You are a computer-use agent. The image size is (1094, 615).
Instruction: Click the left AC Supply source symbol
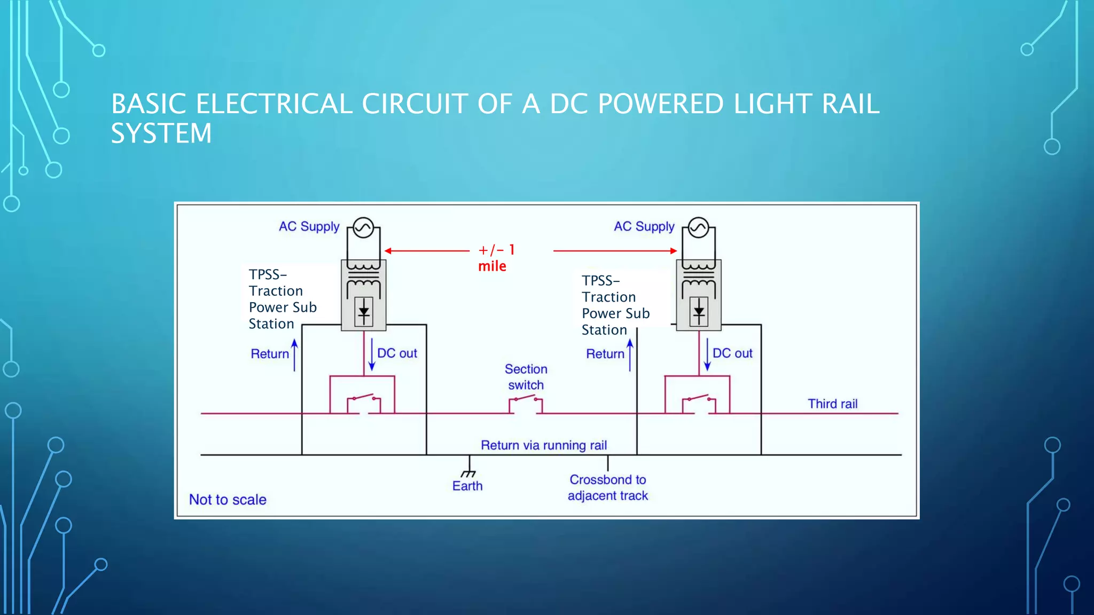tap(363, 228)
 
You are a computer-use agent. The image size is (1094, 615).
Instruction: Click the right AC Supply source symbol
tap(698, 228)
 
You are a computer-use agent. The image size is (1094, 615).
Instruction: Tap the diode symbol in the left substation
tap(364, 311)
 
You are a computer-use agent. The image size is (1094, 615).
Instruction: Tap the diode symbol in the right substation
tap(699, 311)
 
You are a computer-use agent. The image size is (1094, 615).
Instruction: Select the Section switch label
tap(526, 377)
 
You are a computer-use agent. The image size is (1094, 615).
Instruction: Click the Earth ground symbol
tap(468, 472)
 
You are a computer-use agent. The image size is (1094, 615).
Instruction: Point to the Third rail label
tap(832, 404)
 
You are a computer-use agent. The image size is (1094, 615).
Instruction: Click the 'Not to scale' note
tap(228, 500)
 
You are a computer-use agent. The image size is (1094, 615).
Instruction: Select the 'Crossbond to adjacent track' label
tap(607, 487)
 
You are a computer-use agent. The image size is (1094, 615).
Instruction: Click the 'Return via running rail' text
tap(543, 445)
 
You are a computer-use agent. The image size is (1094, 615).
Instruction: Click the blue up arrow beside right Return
tap(630, 354)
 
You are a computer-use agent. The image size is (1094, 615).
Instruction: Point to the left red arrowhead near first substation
tap(388, 250)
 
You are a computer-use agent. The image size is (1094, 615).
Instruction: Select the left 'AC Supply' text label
tap(309, 226)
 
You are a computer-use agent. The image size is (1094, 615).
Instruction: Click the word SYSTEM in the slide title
tap(161, 133)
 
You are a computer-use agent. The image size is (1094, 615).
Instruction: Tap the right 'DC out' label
tap(732, 353)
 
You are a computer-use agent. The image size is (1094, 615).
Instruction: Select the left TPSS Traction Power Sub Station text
tap(283, 299)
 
